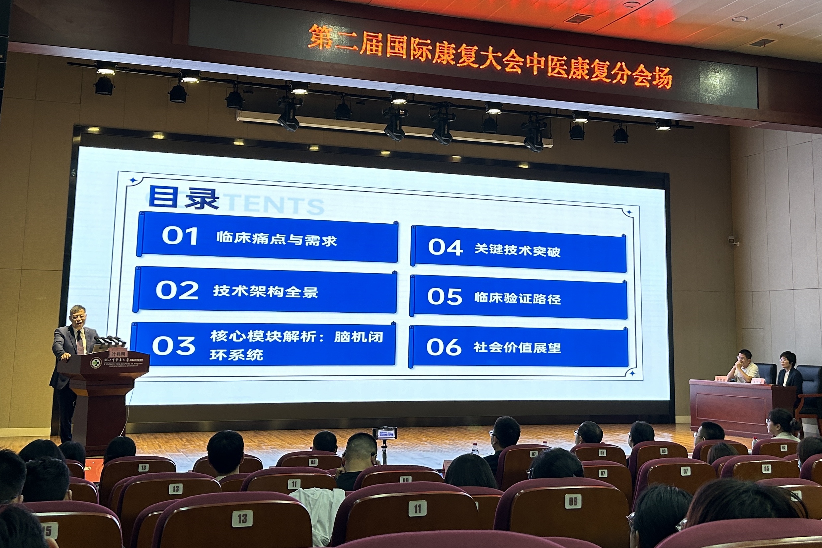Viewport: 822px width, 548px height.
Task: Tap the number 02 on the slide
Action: [177, 290]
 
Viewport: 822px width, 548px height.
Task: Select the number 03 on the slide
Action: [174, 346]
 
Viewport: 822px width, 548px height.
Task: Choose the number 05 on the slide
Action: [445, 297]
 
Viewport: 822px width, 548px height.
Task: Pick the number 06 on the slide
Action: [444, 347]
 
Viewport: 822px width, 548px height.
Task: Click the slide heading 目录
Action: [184, 197]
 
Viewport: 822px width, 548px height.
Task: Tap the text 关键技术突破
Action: [517, 250]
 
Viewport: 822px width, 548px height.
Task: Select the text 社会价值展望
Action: [517, 348]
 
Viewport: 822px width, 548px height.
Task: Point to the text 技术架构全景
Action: [266, 291]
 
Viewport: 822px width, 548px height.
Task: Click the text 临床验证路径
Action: [517, 298]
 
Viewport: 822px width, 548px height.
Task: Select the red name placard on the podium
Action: [118, 354]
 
